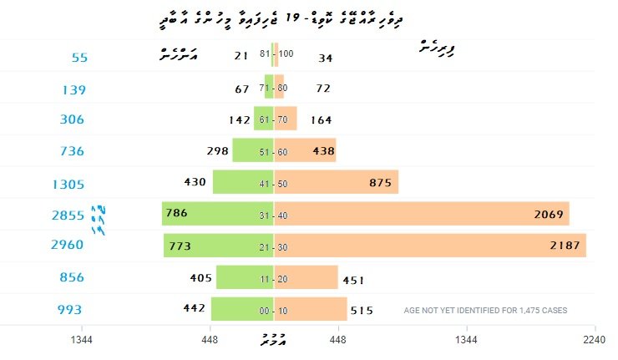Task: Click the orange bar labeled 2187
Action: point(430,246)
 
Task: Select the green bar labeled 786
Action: point(217,214)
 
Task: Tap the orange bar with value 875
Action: point(336,182)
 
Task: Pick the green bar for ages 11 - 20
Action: point(244,277)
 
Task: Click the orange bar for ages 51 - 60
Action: point(305,150)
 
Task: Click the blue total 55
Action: point(80,58)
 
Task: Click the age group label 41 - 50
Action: point(274,183)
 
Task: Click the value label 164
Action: point(322,119)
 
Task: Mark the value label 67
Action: point(243,89)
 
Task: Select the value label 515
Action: point(362,310)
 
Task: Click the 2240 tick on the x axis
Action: point(595,339)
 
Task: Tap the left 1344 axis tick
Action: point(82,339)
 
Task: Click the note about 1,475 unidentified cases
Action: point(485,311)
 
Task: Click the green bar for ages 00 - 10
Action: point(241,309)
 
